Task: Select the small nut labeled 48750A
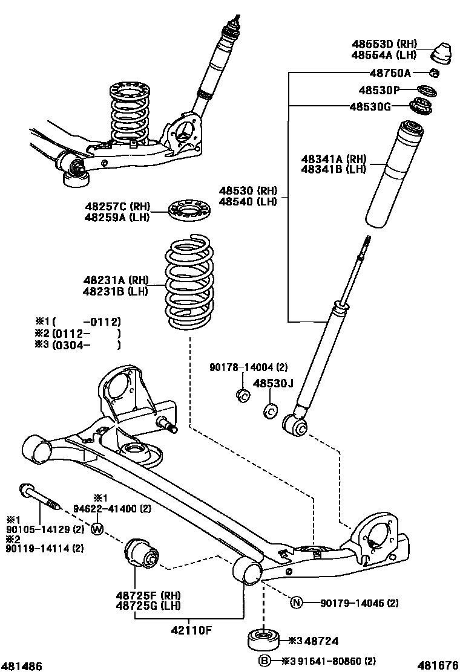(x=434, y=74)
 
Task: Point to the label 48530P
(x=379, y=91)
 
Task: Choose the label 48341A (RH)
(x=334, y=159)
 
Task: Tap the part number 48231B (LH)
(x=116, y=291)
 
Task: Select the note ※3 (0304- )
(x=78, y=345)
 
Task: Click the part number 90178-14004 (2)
(x=249, y=367)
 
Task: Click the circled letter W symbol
(x=97, y=530)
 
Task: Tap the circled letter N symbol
(x=297, y=603)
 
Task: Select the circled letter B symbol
(x=264, y=661)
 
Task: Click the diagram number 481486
(x=22, y=665)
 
